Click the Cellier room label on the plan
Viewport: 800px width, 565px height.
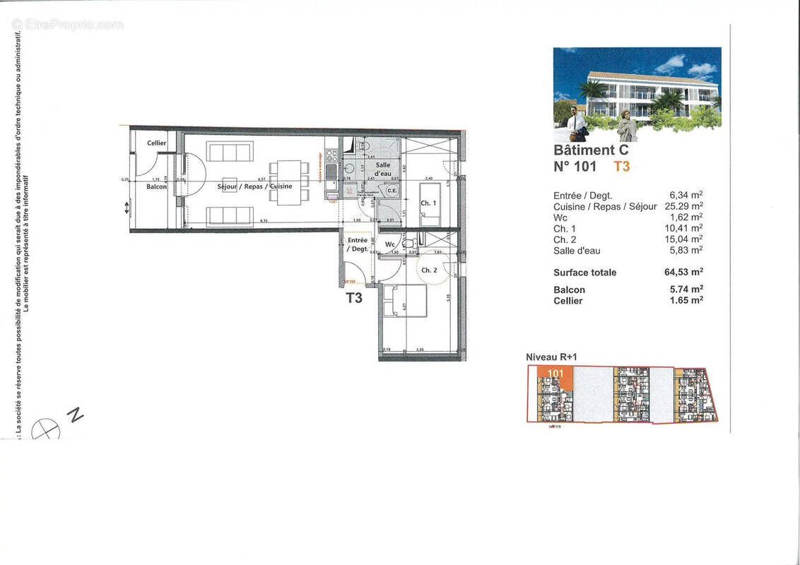coord(157,143)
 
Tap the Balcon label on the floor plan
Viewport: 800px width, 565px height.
coord(156,186)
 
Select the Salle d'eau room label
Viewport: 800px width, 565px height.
coord(382,169)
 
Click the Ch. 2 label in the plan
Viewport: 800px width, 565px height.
coord(428,270)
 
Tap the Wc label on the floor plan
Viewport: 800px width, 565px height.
coord(389,244)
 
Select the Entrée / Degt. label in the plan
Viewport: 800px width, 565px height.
coord(356,245)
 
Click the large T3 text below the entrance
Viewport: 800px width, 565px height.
coord(354,298)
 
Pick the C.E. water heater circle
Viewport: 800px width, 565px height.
coord(392,189)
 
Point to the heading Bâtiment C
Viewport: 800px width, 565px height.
coord(590,150)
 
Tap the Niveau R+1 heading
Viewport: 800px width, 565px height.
coord(552,357)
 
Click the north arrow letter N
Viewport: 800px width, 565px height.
coord(75,415)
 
